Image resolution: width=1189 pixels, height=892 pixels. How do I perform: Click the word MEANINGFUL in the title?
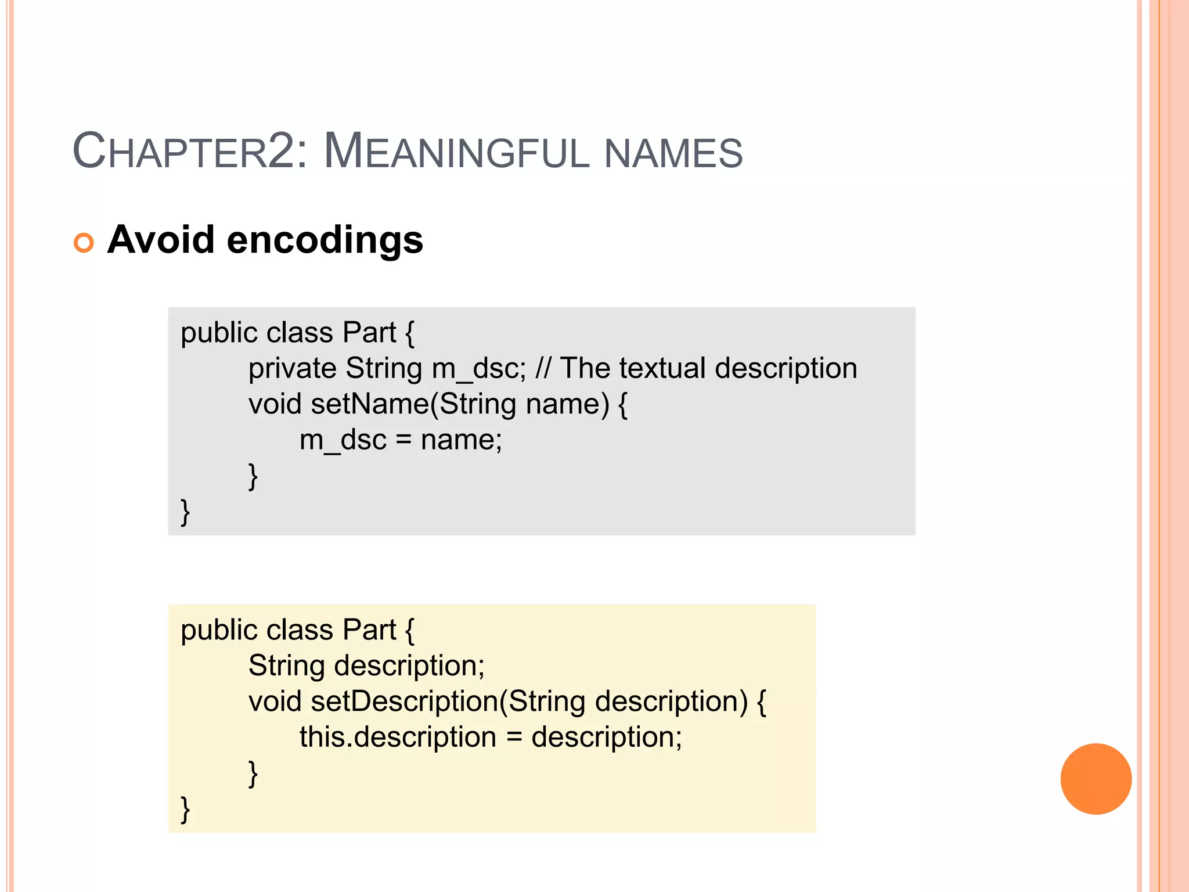(x=456, y=152)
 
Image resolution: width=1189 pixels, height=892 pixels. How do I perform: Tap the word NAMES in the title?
(x=673, y=153)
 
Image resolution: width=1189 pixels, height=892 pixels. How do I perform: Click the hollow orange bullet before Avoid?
(x=84, y=242)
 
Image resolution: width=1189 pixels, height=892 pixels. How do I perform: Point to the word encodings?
(x=325, y=240)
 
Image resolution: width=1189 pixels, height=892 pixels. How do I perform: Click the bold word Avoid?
(x=161, y=240)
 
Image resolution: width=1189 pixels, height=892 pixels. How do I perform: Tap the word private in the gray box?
(x=293, y=369)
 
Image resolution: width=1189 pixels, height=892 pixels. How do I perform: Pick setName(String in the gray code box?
(x=413, y=404)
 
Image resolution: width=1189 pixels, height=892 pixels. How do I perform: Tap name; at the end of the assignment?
(x=461, y=440)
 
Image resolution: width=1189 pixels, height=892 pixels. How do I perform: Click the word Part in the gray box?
(x=369, y=333)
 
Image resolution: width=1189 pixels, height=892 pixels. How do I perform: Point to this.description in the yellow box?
(x=398, y=738)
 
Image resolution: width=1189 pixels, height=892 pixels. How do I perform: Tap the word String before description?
(x=286, y=666)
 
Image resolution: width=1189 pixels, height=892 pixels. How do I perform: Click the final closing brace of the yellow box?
(x=185, y=809)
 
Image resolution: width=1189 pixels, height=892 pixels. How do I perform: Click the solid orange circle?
(x=1096, y=779)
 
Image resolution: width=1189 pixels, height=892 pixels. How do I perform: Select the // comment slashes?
(x=543, y=368)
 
